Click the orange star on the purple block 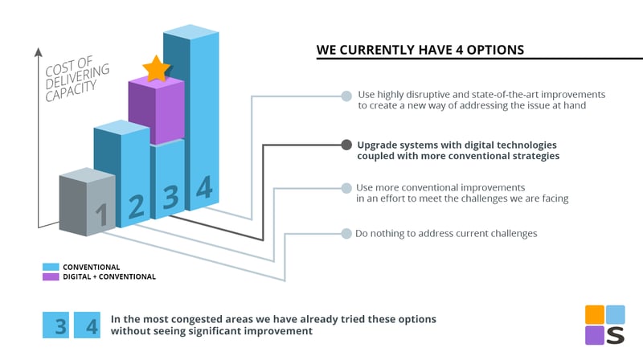point(156,68)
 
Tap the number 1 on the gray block point(102,215)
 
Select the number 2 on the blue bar point(136,207)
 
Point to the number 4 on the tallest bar point(204,187)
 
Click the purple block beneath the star point(156,110)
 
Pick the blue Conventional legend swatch point(51,267)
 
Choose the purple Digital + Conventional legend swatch point(51,276)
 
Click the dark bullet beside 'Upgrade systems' point(346,145)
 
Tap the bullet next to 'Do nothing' point(346,233)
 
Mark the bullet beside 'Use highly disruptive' point(346,96)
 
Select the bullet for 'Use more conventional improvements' point(346,188)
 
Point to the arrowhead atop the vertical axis point(38,52)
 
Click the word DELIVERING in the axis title point(77,76)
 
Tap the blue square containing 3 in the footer point(55,325)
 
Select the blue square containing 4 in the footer point(87,325)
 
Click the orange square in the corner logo point(595,314)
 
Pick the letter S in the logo point(615,335)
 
